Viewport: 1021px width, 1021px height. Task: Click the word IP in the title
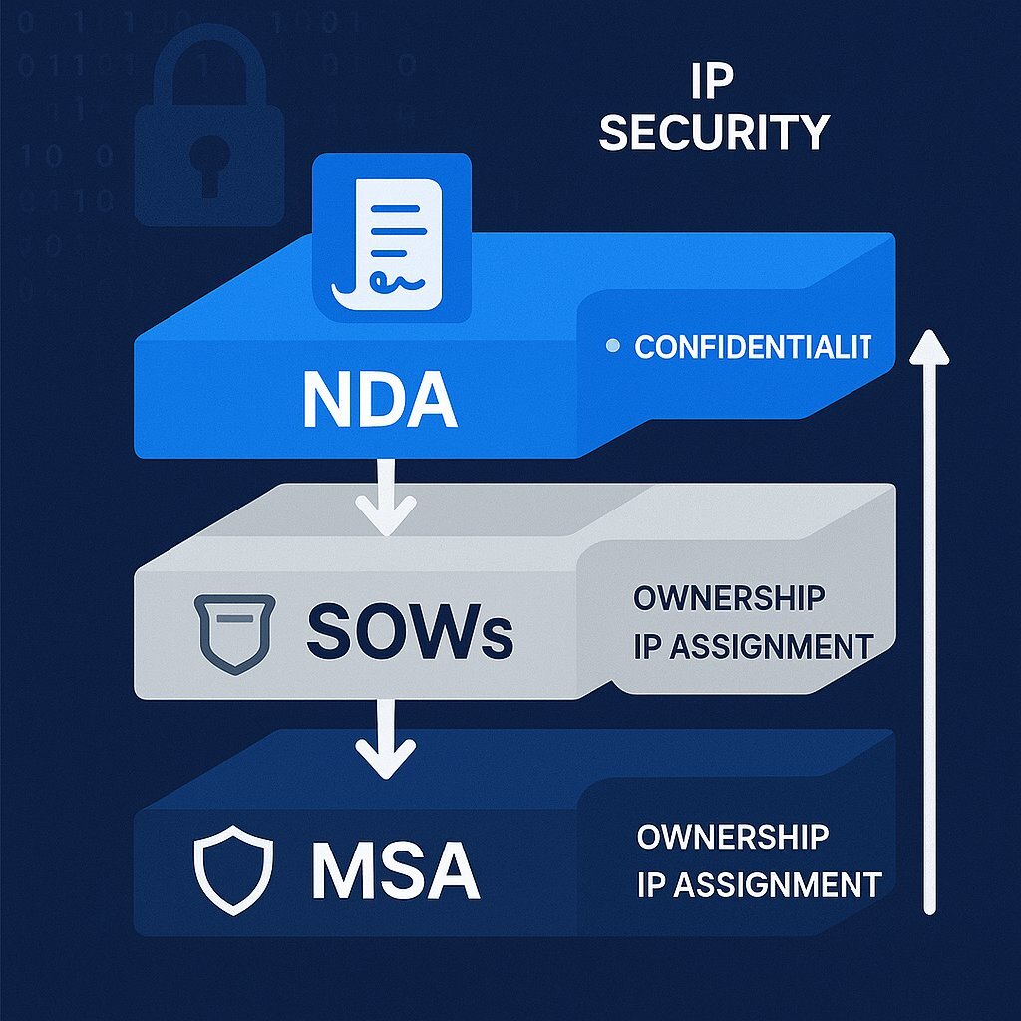click(711, 84)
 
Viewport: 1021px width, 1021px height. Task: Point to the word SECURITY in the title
click(714, 133)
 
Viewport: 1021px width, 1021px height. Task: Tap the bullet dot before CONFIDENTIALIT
click(613, 347)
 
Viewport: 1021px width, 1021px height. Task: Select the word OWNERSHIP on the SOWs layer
click(729, 598)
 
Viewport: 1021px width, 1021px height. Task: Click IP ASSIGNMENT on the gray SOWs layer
click(753, 646)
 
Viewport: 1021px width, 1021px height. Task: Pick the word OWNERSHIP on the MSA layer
click(733, 836)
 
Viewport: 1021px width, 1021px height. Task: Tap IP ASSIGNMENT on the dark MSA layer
click(759, 883)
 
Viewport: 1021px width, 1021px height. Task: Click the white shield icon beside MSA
click(231, 868)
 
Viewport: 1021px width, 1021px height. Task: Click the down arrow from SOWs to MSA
click(387, 738)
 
